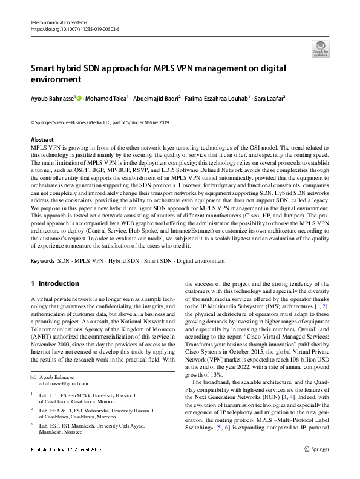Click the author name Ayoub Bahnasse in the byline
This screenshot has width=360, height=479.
[x=51, y=97]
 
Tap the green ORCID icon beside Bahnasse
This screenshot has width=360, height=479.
[x=79, y=97]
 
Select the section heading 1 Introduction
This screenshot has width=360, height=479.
[x=54, y=283]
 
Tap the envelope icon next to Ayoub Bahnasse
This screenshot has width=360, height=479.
[x=33, y=360]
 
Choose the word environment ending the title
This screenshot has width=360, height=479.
[x=56, y=79]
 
